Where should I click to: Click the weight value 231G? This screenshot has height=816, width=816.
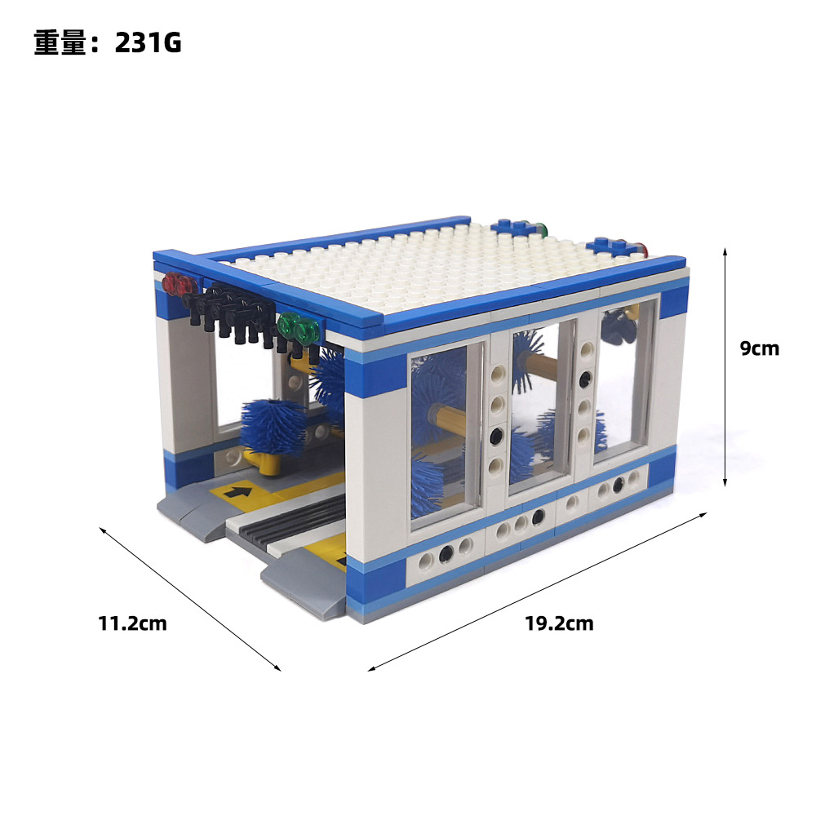[x=149, y=42]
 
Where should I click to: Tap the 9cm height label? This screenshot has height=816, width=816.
[x=759, y=348]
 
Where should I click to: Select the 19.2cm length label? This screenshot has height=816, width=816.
[x=559, y=623]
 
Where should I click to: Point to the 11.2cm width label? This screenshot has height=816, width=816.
[x=132, y=623]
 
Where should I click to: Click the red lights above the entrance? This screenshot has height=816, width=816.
[x=179, y=285]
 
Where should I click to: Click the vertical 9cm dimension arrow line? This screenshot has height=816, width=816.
[x=725, y=367]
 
